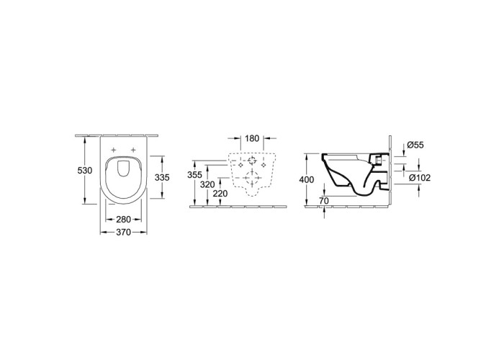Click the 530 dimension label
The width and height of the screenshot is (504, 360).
point(85,171)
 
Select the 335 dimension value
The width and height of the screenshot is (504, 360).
point(162,177)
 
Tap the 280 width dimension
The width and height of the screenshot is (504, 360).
point(123,220)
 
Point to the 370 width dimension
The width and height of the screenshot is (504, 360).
point(123,232)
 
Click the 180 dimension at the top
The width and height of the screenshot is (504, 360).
point(252,138)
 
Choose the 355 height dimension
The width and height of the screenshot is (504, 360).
point(195,175)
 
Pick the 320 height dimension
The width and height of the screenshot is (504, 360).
point(207,184)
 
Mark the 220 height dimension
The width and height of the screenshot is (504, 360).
point(220,194)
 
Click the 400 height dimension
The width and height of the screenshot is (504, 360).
point(307,180)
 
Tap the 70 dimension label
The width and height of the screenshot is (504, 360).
point(324,201)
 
